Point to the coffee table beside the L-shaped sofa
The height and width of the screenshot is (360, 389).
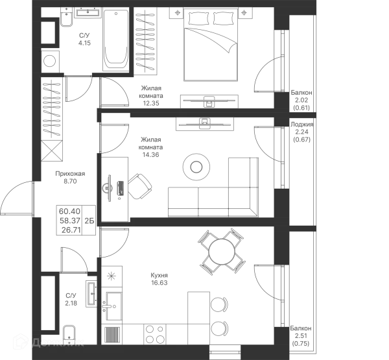pos(194,165)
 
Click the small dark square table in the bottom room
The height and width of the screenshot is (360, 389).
pos(160,278)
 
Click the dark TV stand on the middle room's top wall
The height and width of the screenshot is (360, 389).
pos(202,125)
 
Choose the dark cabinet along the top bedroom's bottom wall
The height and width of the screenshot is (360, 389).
pos(207,100)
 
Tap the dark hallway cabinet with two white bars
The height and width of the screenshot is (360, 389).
pos(73,221)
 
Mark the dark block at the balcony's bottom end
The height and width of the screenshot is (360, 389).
pos(301,334)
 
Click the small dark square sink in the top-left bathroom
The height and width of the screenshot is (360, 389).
pos(86,39)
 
